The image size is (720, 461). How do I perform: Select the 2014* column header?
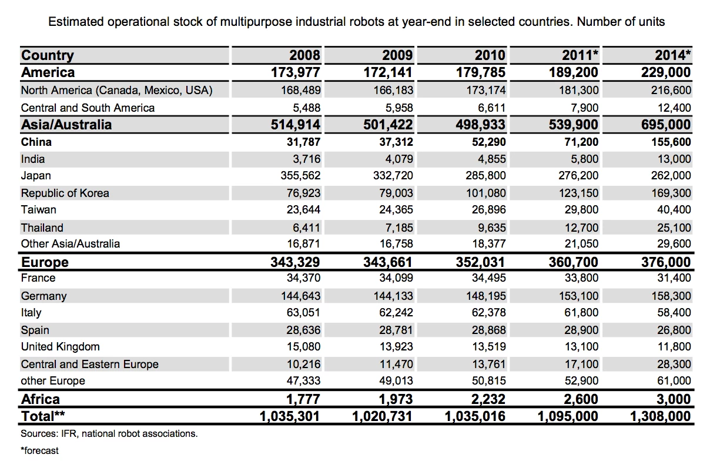click(x=672, y=55)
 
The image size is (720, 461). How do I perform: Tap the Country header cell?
click(x=48, y=55)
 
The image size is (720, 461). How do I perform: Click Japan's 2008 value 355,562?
click(x=297, y=176)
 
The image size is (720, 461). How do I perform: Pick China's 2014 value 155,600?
click(x=668, y=142)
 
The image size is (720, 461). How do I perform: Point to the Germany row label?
click(x=43, y=296)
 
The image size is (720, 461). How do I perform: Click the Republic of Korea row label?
click(x=65, y=193)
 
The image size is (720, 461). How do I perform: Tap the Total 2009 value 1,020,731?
click(x=382, y=417)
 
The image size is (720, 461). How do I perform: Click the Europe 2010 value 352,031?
click(x=481, y=262)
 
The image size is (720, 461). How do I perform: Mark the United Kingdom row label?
click(x=60, y=346)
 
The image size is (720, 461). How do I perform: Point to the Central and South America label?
click(x=88, y=108)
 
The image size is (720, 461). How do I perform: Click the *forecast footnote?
click(x=39, y=451)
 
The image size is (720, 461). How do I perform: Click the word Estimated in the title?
click(x=75, y=22)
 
